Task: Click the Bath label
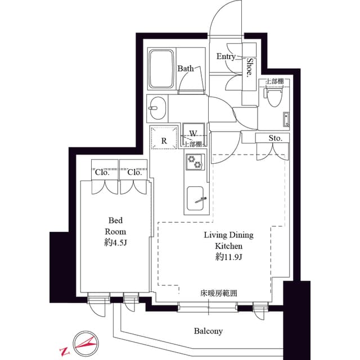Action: tap(186, 69)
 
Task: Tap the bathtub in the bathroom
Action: tap(161, 68)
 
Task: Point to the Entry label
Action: tap(226, 56)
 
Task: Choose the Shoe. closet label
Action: tap(249, 67)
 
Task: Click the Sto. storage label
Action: tap(274, 138)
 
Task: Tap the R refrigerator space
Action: tap(164, 141)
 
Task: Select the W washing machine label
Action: tap(192, 134)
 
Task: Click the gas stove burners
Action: tap(197, 163)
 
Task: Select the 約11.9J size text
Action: tap(228, 257)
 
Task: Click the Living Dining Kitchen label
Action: tap(228, 240)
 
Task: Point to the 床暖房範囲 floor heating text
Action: tap(218, 293)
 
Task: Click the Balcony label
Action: tap(209, 331)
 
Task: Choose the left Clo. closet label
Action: tap(102, 173)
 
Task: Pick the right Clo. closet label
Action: tap(134, 173)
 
